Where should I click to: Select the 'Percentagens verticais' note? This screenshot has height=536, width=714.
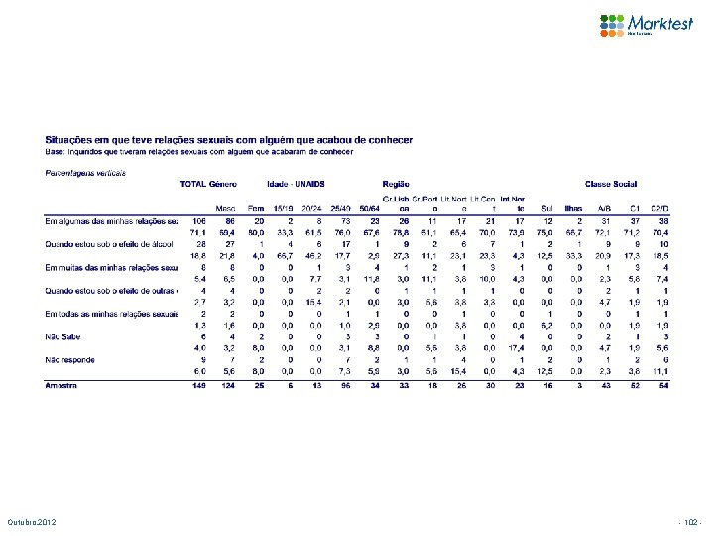pos(85,172)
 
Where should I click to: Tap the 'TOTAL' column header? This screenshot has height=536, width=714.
pos(192,184)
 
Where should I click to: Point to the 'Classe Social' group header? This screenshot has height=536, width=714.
pos(611,184)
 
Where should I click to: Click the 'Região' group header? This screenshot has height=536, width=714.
pos(396,184)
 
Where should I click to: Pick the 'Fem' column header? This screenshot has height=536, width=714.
pos(256,208)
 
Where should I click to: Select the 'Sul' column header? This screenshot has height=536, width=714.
pos(548,208)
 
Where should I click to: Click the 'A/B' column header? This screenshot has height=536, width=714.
pos(605,208)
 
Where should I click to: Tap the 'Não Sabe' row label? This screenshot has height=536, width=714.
pos(63,337)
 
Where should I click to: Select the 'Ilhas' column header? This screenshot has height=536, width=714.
pos(574,208)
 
